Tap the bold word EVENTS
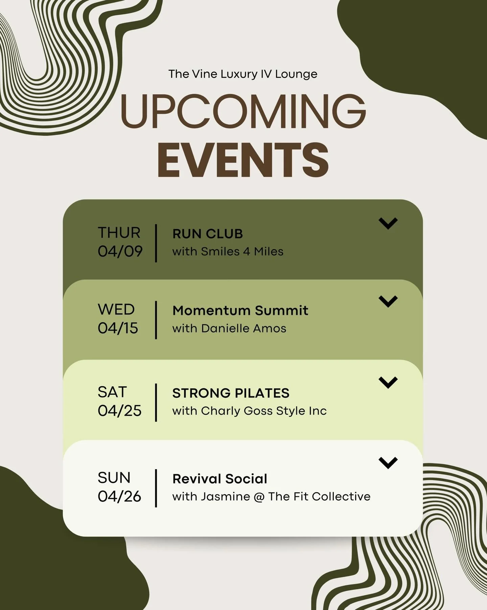(x=243, y=160)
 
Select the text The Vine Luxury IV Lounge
(x=243, y=74)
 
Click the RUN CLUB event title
(x=208, y=234)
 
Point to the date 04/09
(x=120, y=252)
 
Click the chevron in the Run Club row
(x=388, y=223)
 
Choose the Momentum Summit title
(x=240, y=310)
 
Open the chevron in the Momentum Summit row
(x=388, y=301)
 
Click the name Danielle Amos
(x=243, y=328)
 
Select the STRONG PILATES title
(x=231, y=393)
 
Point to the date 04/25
(x=120, y=411)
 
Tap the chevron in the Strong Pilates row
(x=388, y=383)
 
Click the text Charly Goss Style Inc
(x=264, y=411)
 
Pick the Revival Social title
(x=220, y=479)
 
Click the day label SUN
(x=114, y=478)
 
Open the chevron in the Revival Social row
(x=388, y=463)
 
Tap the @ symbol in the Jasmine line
(x=259, y=497)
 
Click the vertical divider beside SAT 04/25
(x=156, y=402)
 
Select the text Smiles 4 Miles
(x=242, y=252)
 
